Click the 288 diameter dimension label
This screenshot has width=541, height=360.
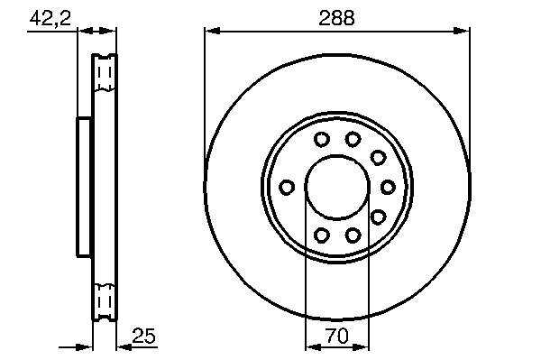pos(336,18)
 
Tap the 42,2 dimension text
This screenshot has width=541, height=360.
pos(50,18)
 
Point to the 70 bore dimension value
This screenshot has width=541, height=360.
pos(336,336)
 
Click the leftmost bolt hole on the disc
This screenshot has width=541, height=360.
pos(287,187)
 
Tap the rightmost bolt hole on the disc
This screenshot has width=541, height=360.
pos(388,187)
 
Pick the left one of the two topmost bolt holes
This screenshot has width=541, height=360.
pos(322,139)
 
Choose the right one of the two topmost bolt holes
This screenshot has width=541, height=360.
pos(353,139)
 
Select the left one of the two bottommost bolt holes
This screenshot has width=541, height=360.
pos(322,235)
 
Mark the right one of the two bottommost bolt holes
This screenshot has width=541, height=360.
pos(353,235)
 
